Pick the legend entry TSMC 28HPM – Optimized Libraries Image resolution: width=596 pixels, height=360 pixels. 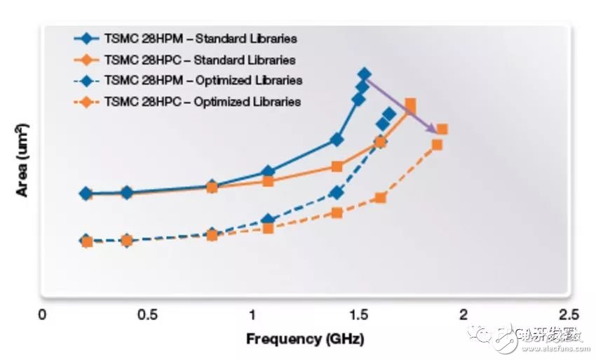click(203, 80)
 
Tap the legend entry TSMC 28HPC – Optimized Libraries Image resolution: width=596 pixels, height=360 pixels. click(203, 101)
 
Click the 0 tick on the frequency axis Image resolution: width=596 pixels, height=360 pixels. click(42, 314)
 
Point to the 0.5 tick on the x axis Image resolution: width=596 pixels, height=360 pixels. click(147, 314)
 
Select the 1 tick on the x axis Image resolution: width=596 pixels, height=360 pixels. click(253, 314)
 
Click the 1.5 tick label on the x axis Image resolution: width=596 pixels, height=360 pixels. click(358, 314)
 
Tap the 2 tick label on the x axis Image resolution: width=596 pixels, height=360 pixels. click(463, 314)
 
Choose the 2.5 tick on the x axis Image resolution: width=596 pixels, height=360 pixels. click(569, 314)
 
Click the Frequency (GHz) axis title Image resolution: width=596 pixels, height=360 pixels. click(305, 340)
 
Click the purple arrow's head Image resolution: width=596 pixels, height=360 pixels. click(436, 131)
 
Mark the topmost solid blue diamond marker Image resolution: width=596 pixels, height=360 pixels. click(364, 74)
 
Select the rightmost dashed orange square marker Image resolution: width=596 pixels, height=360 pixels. click(442, 129)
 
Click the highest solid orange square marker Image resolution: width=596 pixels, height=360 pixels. click(410, 105)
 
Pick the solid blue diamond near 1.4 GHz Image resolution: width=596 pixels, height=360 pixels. click(337, 140)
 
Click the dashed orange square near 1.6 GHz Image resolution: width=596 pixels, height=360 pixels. click(380, 197)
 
